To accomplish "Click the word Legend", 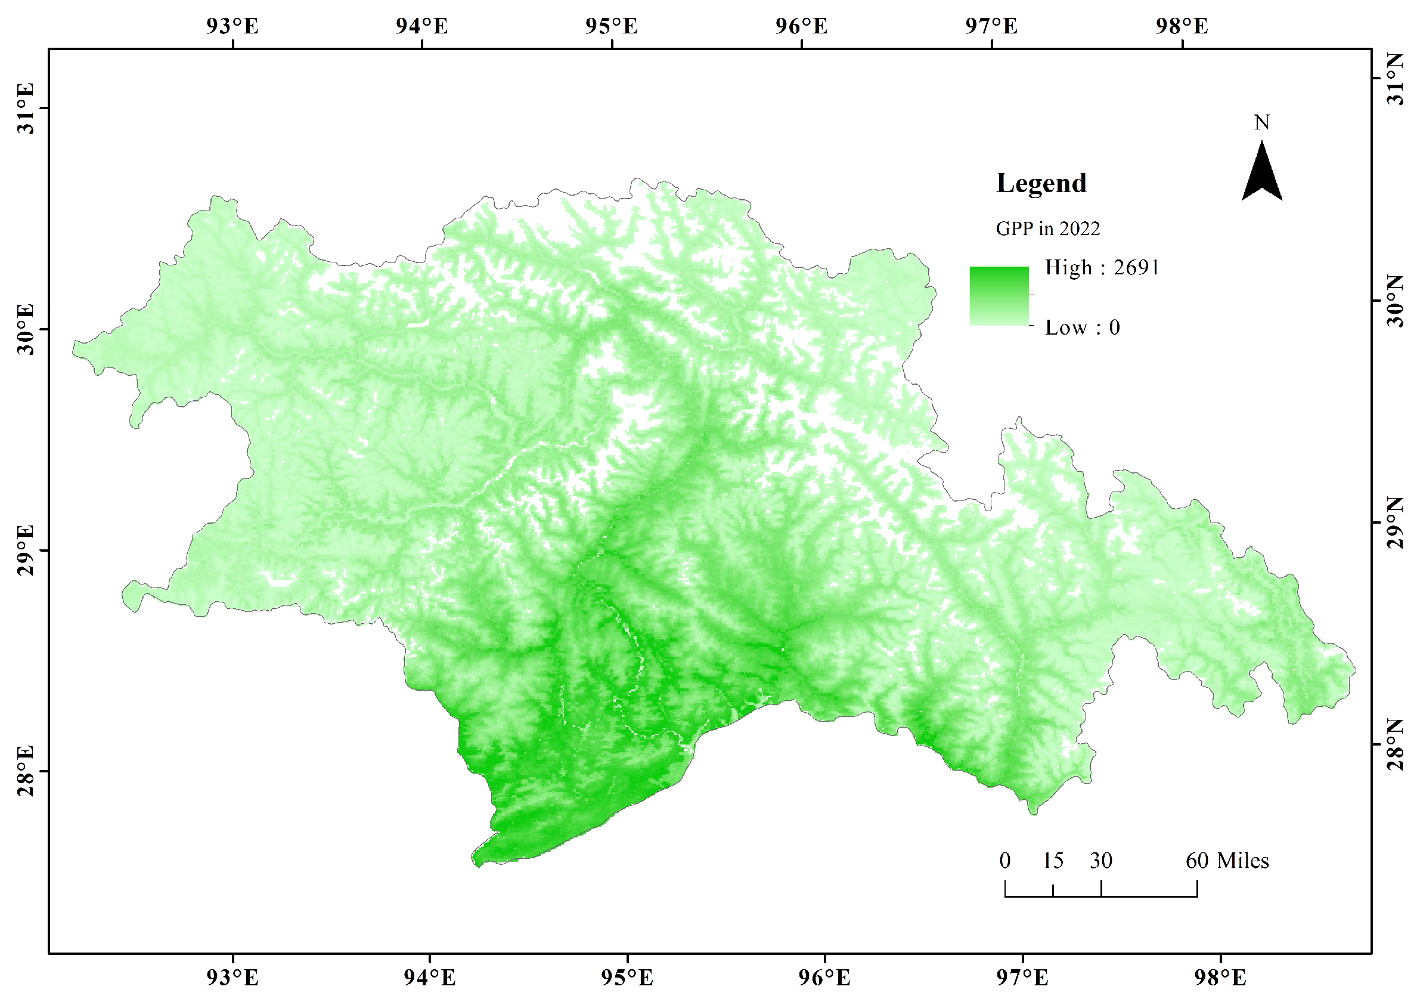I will pyautogui.click(x=1041, y=183).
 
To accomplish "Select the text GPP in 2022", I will pyautogui.click(x=1048, y=229).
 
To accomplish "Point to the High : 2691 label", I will pyautogui.click(x=1102, y=268).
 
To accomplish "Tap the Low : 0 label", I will pyautogui.click(x=1082, y=327).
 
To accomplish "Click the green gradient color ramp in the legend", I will pyautogui.click(x=999, y=296).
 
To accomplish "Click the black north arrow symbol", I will pyautogui.click(x=1261, y=173).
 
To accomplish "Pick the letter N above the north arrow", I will pyautogui.click(x=1261, y=123).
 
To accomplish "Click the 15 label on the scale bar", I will pyautogui.click(x=1052, y=861).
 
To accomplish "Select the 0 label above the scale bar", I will pyautogui.click(x=1005, y=861).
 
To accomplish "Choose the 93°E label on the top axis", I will pyautogui.click(x=232, y=26).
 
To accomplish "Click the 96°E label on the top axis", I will pyautogui.click(x=802, y=26).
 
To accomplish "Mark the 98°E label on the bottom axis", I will pyautogui.click(x=1220, y=978).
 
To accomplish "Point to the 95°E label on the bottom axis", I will pyautogui.click(x=627, y=978).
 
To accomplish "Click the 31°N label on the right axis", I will pyautogui.click(x=1396, y=79).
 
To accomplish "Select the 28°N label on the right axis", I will pyautogui.click(x=1396, y=744).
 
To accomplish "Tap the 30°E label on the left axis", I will pyautogui.click(x=26, y=330).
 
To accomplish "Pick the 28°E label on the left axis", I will pyautogui.click(x=26, y=772).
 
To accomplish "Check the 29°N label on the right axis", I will pyautogui.click(x=1396, y=522).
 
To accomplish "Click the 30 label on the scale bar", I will pyautogui.click(x=1100, y=861).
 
